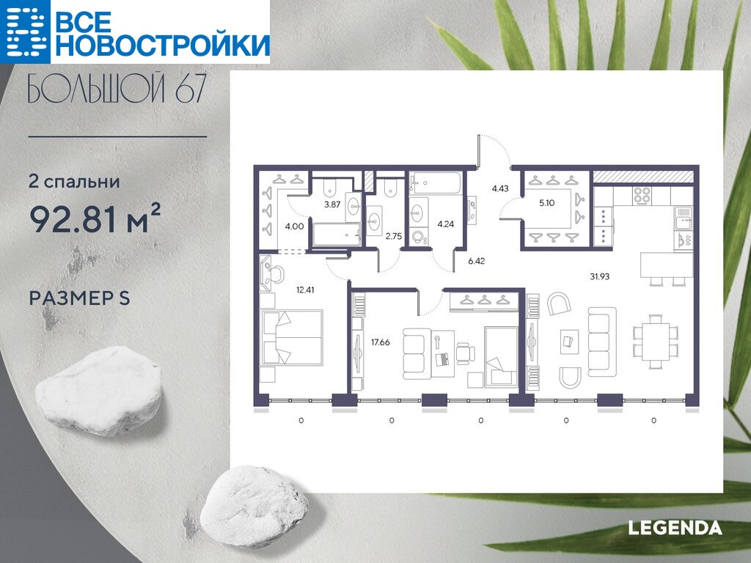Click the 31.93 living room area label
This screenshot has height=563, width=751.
pyautogui.click(x=600, y=276)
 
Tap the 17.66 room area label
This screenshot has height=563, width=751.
pyautogui.click(x=381, y=342)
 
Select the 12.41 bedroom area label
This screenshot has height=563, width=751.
pyautogui.click(x=305, y=290)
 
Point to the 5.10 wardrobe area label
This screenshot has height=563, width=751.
pyautogui.click(x=546, y=203)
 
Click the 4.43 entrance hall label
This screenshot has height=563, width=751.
pyautogui.click(x=500, y=188)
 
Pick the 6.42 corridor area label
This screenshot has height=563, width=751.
pyautogui.click(x=477, y=262)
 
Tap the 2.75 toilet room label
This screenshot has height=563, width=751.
pyautogui.click(x=394, y=236)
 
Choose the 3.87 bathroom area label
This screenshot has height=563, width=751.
pyautogui.click(x=332, y=205)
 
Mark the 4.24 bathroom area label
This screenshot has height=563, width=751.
pyautogui.click(x=445, y=224)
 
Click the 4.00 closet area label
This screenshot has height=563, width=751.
pyautogui.click(x=294, y=227)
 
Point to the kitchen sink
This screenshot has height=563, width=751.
pyautogui.click(x=683, y=218)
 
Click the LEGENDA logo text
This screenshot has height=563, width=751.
pyautogui.click(x=675, y=528)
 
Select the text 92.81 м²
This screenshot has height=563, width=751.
pyautogui.click(x=95, y=218)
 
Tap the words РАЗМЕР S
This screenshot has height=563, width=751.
pyautogui.click(x=79, y=298)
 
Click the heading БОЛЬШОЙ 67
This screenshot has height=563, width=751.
pyautogui.click(x=117, y=89)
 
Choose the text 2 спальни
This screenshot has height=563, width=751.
pyautogui.click(x=74, y=182)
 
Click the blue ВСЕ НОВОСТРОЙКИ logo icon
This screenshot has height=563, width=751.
pyautogui.click(x=25, y=31)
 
